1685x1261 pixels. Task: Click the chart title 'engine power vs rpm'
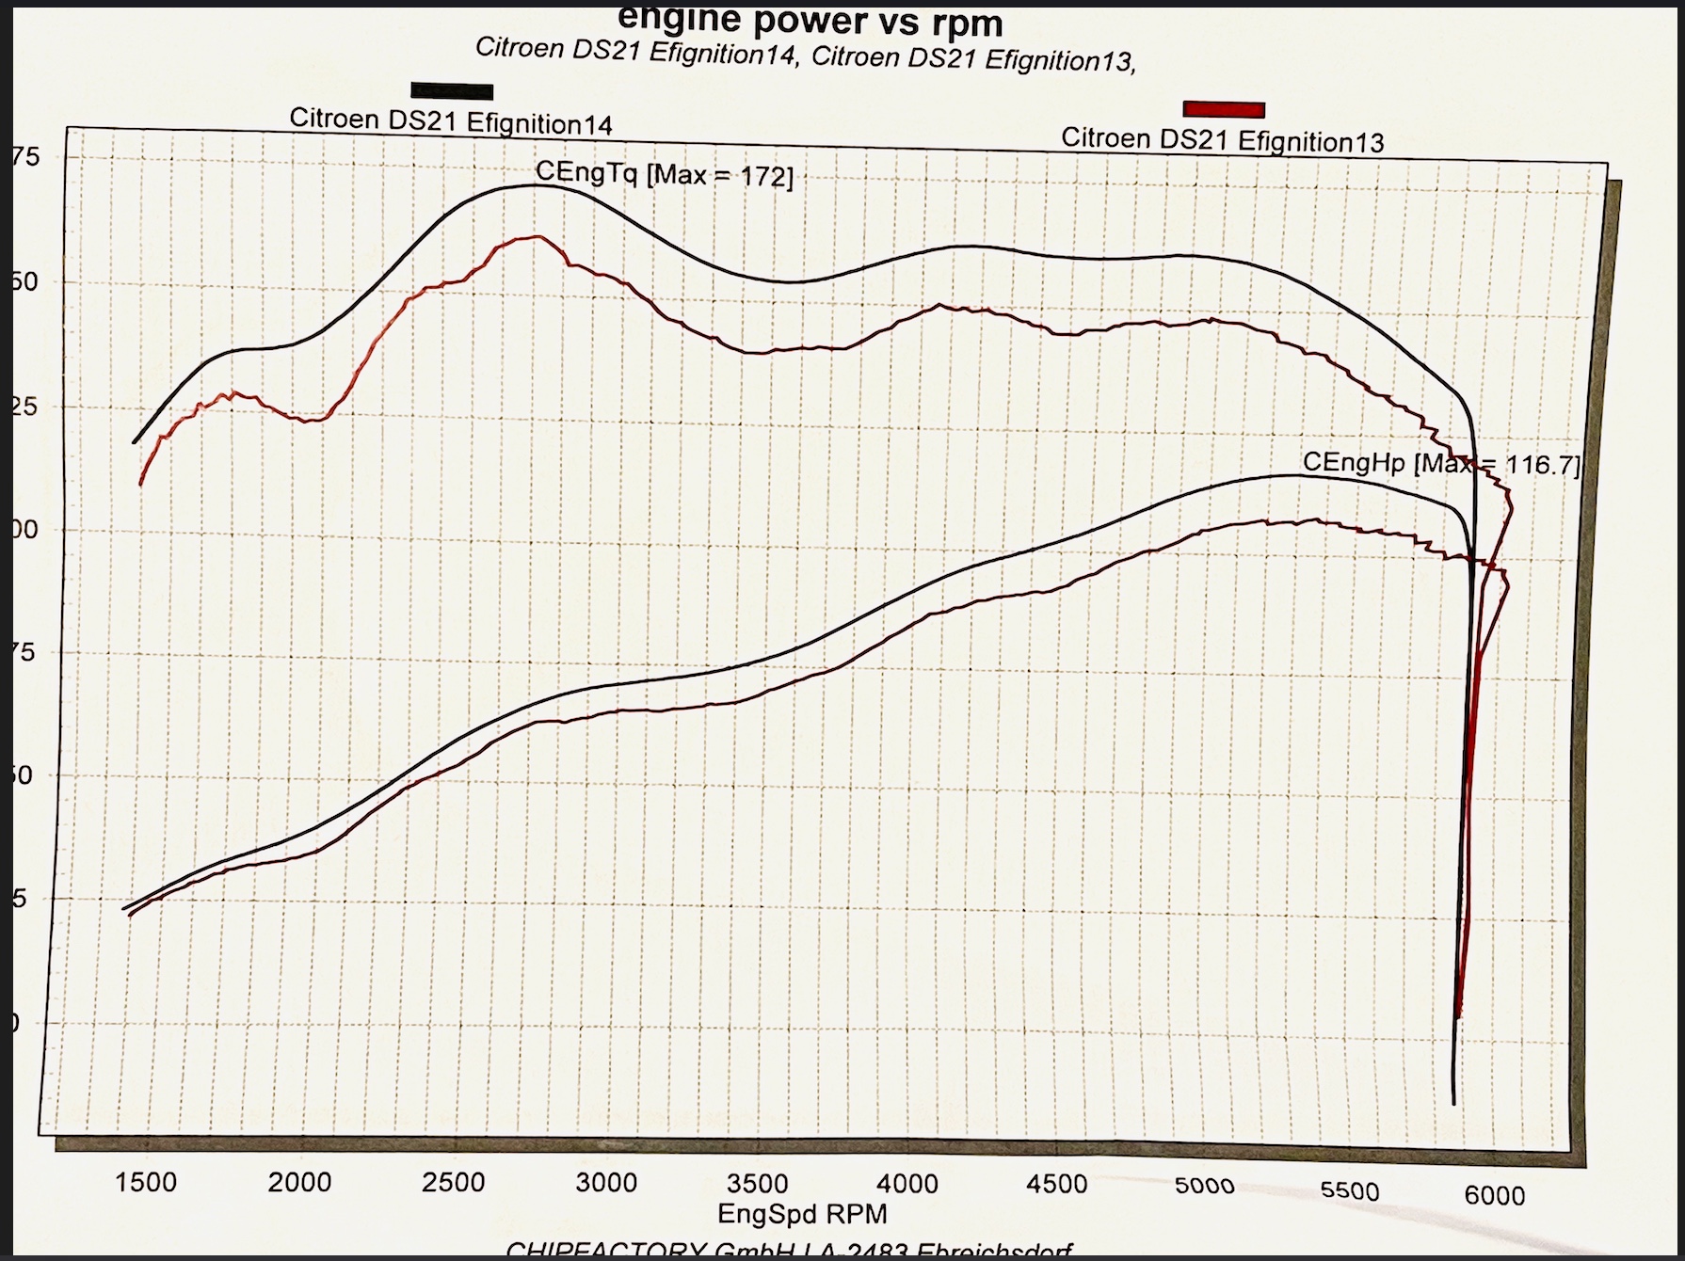[x=810, y=21]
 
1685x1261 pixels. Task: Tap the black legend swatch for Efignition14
[x=452, y=91]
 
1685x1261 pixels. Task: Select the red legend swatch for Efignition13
[x=1223, y=109]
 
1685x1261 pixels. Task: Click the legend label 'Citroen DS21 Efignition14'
[x=450, y=121]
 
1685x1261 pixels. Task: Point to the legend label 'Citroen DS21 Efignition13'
[x=1222, y=139]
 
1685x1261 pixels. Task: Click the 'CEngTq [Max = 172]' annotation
[x=664, y=173]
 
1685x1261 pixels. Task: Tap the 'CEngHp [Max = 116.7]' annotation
[x=1440, y=463]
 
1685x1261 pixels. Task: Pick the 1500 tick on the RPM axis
[x=146, y=1182]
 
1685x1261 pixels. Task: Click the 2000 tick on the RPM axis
[x=299, y=1182]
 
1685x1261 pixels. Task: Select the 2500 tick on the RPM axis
[x=453, y=1182]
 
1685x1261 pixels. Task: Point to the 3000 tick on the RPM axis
[x=606, y=1183]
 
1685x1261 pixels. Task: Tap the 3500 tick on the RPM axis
[x=757, y=1183]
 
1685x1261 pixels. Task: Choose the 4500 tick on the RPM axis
[x=1056, y=1185]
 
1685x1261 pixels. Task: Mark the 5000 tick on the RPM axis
[x=1205, y=1187]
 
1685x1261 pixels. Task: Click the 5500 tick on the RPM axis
[x=1350, y=1191]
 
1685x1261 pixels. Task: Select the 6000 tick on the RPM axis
[x=1494, y=1195]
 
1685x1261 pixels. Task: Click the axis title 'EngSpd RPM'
[x=802, y=1214]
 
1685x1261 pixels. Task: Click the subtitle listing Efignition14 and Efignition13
[x=805, y=55]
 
